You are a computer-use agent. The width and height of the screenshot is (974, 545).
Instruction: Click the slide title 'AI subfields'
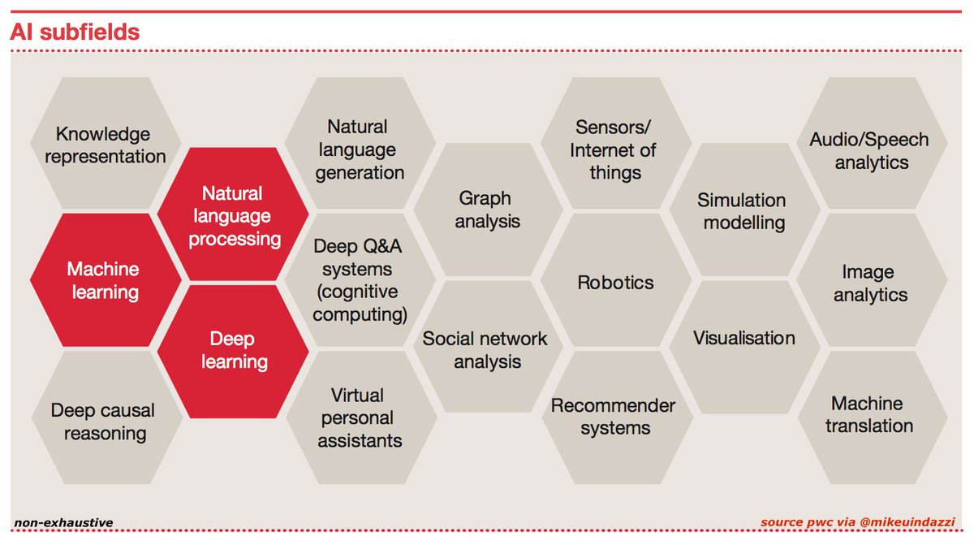(75, 32)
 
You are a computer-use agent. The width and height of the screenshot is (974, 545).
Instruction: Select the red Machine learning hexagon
(104, 280)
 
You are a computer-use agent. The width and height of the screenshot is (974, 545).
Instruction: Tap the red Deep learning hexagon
(233, 350)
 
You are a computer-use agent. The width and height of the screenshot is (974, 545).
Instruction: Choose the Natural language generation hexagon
(360, 149)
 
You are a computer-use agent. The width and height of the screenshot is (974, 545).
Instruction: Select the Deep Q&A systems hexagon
(360, 280)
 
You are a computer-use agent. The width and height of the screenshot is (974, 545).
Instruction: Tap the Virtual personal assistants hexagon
(360, 417)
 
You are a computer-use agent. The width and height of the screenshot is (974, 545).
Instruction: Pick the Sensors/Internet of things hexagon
(615, 149)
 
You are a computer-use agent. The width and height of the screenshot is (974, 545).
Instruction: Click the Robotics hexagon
(615, 283)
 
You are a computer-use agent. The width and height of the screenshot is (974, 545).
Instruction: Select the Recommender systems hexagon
(615, 416)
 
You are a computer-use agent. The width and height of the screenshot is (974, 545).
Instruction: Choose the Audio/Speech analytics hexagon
(870, 150)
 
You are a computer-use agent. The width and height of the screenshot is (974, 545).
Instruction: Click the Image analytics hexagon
(870, 283)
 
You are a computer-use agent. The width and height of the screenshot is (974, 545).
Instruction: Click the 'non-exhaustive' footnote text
(63, 521)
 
